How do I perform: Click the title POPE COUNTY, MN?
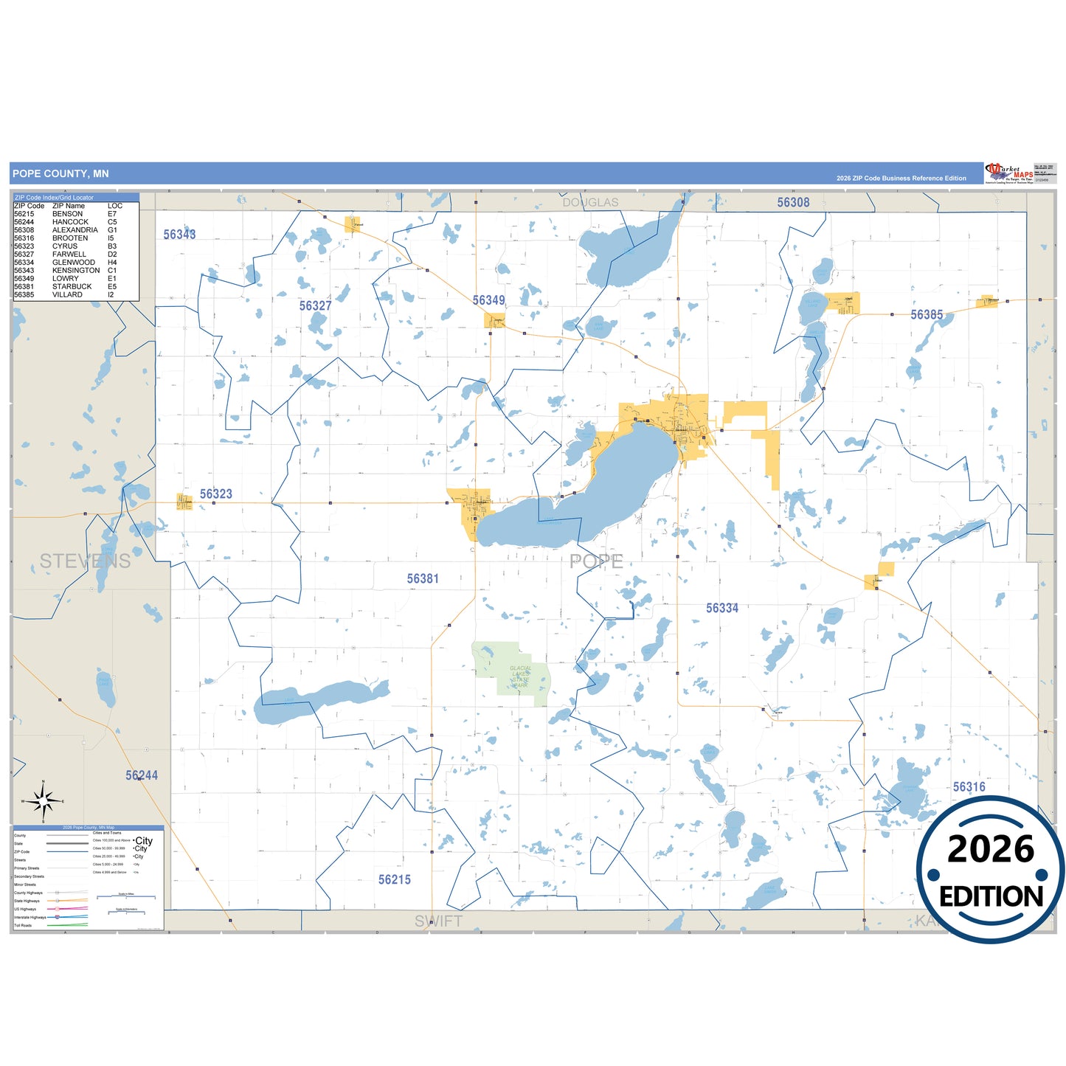pos(60,174)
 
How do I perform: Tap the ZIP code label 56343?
pos(179,235)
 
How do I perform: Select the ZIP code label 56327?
pos(315,305)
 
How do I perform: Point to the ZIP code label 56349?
pos(488,300)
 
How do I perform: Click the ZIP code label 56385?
pos(926,315)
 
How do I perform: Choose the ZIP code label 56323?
pos(215,494)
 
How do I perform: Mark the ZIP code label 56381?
pos(423,579)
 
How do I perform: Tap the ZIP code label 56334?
pos(721,608)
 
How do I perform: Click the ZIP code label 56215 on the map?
pos(394,879)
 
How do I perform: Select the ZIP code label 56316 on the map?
pos(969,787)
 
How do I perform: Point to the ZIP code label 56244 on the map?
pos(142,775)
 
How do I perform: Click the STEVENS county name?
pos(85,561)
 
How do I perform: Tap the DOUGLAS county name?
pos(590,202)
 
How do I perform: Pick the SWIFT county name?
pos(438,921)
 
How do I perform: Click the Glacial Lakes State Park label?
pos(520,677)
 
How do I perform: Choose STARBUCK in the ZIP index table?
pos(72,287)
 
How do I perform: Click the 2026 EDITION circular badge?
pos(990,870)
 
